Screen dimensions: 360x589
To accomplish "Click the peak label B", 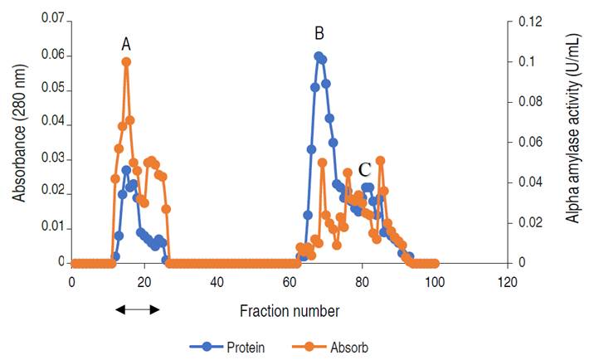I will point(319,34).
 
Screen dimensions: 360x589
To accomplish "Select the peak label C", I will point(364,170).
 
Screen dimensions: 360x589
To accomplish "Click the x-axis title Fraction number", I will point(290,312).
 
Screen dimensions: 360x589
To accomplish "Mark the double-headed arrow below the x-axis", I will point(137,309).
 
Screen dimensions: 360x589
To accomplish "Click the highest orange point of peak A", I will point(126,61).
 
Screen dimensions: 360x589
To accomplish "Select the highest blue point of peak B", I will point(319,56).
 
